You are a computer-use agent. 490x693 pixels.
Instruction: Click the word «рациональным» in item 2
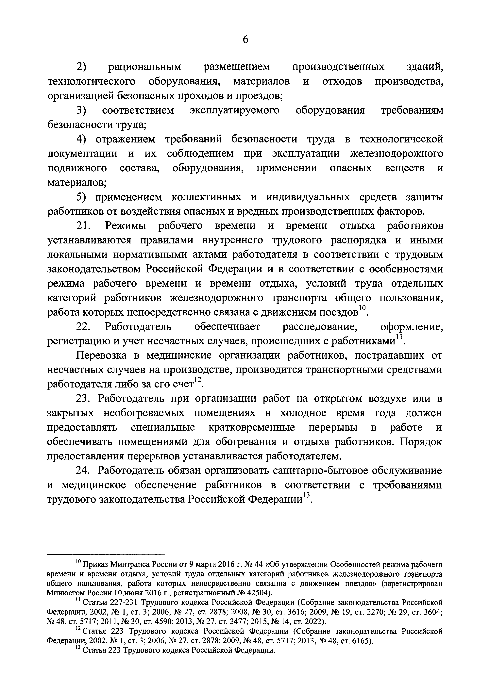pyautogui.click(x=145, y=67)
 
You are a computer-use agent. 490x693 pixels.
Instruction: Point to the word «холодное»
pyautogui.click(x=303, y=414)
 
